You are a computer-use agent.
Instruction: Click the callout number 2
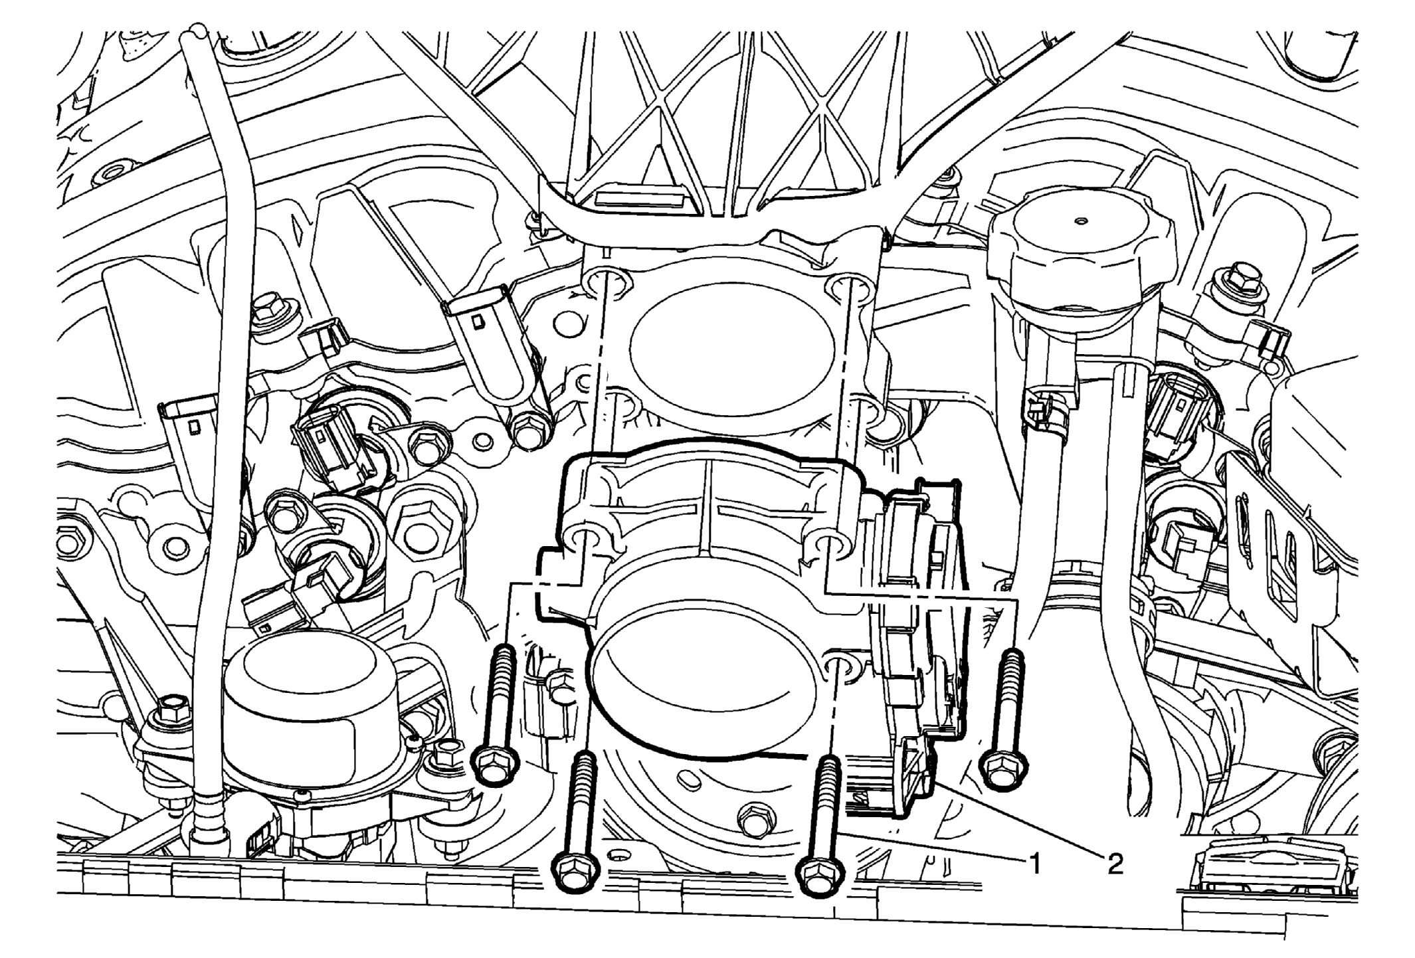(1114, 863)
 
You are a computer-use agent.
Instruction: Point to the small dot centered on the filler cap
(1083, 220)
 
